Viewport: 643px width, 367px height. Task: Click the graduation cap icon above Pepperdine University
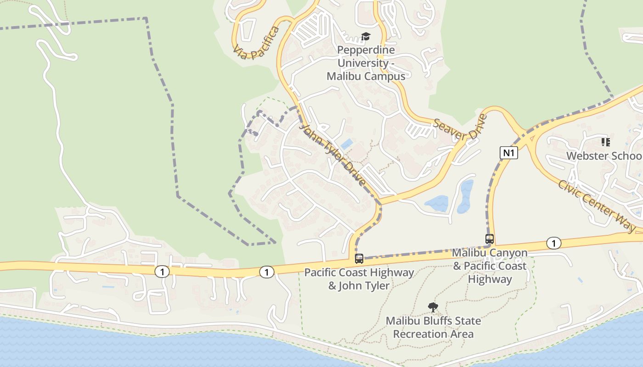366,36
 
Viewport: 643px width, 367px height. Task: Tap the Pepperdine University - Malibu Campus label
366,63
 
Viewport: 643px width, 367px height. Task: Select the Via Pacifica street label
256,43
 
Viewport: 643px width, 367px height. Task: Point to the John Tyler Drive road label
333,154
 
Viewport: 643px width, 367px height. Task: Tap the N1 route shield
508,153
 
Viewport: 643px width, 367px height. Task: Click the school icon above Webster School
606,142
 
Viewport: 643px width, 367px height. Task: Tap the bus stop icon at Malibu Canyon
490,239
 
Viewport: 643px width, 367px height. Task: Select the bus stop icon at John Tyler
359,258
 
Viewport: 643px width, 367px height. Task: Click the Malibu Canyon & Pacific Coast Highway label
490,266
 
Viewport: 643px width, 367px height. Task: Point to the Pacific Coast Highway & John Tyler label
359,279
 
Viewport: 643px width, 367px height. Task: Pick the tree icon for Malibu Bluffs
433,307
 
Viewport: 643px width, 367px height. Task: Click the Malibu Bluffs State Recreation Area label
433,327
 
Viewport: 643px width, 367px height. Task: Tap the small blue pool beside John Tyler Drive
347,144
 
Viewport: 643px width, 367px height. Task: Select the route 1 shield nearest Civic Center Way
554,243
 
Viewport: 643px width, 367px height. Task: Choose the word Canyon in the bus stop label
508,253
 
